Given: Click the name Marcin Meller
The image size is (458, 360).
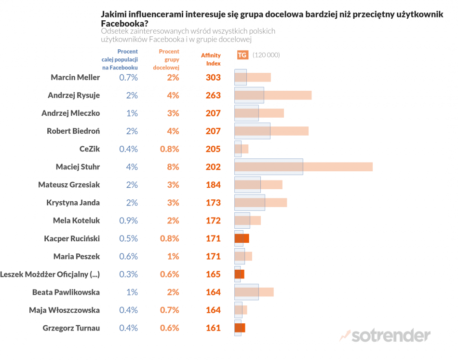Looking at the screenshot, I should click(x=75, y=77).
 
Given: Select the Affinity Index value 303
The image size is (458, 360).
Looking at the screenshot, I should click(x=213, y=77).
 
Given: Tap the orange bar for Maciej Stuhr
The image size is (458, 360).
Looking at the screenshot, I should click(x=337, y=166).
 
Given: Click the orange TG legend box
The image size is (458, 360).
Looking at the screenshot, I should click(x=242, y=55).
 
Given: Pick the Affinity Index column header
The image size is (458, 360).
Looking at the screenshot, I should click(x=211, y=59).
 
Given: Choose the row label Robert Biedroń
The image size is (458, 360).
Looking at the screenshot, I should click(x=73, y=131).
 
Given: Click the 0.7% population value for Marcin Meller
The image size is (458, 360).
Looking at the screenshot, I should click(x=128, y=77).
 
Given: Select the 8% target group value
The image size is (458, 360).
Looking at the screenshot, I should click(x=173, y=166).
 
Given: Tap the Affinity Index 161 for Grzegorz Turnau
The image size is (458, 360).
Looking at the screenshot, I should click(x=213, y=328).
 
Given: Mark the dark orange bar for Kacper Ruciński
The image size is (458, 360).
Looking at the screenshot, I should click(x=242, y=238).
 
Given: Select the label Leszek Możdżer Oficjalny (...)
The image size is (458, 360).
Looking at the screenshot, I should click(x=50, y=274).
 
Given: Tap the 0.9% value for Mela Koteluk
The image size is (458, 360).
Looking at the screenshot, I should click(x=128, y=220).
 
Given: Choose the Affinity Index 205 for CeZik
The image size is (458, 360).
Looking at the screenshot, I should click(x=213, y=149).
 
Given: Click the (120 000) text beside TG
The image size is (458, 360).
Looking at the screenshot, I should click(x=266, y=55).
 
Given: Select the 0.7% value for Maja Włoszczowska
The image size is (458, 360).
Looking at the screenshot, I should click(x=169, y=310).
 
